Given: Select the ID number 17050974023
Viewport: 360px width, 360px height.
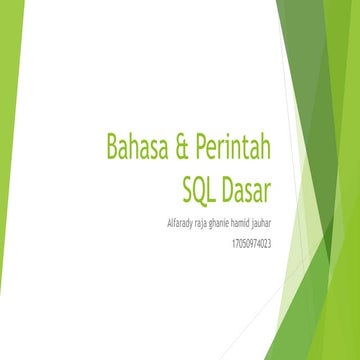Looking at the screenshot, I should pyautogui.click(x=252, y=241).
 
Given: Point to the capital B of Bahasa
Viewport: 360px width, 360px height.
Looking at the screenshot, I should pyautogui.click(x=113, y=146).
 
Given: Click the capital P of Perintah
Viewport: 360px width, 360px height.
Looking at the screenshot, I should pyautogui.click(x=199, y=146).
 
